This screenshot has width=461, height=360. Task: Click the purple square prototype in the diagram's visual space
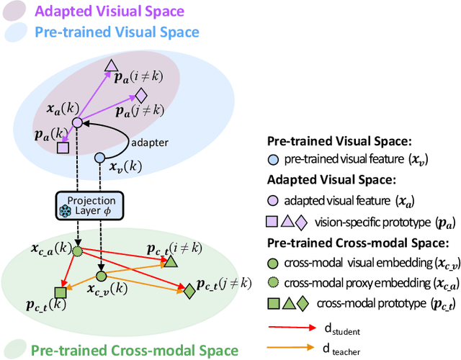click(63, 147)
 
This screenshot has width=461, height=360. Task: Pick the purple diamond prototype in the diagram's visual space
click(141, 94)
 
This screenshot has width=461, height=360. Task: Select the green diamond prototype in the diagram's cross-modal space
click(189, 291)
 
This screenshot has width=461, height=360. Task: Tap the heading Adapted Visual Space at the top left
click(109, 12)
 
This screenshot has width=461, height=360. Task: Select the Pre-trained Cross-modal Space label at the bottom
click(134, 351)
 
